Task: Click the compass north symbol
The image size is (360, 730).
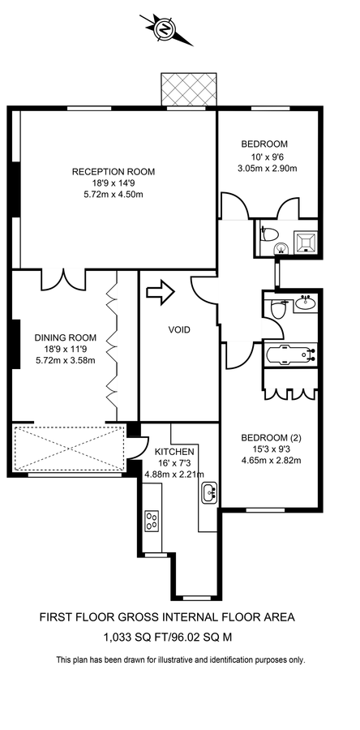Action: pos(166,29)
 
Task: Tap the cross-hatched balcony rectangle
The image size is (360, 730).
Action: pos(191,88)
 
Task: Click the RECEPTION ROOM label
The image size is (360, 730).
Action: pos(114,171)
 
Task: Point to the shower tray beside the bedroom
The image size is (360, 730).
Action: pos(304,240)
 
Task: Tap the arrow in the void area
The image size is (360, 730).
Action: pos(162,293)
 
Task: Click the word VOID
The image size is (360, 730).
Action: pos(179,330)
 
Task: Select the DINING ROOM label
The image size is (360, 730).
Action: pos(65,337)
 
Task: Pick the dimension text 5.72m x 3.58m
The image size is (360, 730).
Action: pos(65,360)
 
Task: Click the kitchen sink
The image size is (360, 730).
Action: pos(211,492)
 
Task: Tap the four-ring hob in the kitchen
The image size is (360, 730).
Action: pos(152,521)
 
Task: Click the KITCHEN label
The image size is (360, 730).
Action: pos(174,452)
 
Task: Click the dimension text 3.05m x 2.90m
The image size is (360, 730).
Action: pos(267,169)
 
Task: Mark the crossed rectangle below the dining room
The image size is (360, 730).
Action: pos(68,447)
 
